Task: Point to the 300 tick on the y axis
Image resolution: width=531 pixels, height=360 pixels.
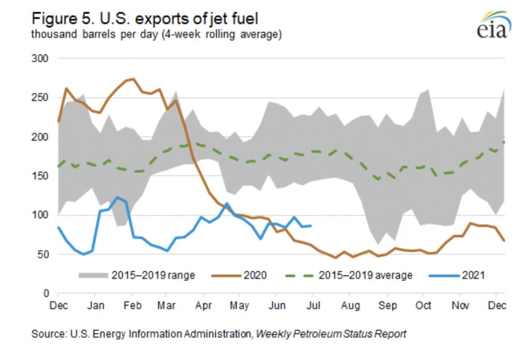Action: coord(42,59)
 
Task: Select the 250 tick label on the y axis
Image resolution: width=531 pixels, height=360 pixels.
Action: coord(42,98)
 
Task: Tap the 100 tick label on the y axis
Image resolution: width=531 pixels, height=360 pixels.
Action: coord(42,215)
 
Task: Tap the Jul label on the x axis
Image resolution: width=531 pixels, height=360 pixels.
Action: coord(314,306)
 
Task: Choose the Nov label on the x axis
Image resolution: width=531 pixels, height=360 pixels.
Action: coord(460,306)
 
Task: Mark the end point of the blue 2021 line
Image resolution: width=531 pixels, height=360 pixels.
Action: coord(311,226)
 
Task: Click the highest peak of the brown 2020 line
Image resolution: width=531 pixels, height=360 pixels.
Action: coord(134,79)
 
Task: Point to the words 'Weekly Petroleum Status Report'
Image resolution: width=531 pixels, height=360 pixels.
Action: coord(330,334)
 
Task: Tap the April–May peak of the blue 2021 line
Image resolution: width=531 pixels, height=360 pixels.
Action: coord(227,204)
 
